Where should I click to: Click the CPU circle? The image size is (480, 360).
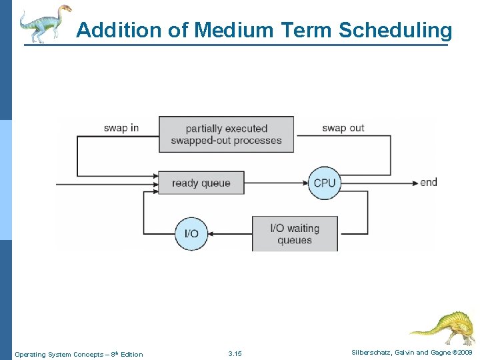pyautogui.click(x=325, y=183)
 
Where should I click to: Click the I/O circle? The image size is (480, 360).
pyautogui.click(x=191, y=233)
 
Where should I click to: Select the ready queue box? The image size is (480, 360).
pyautogui.click(x=201, y=183)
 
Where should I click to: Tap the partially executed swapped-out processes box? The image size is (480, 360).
pyautogui.click(x=226, y=134)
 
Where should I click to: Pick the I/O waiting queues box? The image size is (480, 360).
pyautogui.click(x=294, y=233)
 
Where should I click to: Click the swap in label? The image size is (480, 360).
pyautogui.click(x=121, y=128)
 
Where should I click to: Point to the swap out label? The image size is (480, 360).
pyautogui.click(x=343, y=128)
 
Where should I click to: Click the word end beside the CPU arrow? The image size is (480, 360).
pyautogui.click(x=429, y=182)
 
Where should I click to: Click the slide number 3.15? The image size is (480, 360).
pyautogui.click(x=235, y=353)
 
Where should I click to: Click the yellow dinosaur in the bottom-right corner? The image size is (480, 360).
pyautogui.click(x=442, y=327)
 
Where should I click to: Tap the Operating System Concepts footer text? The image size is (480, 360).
pyautogui.click(x=79, y=354)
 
